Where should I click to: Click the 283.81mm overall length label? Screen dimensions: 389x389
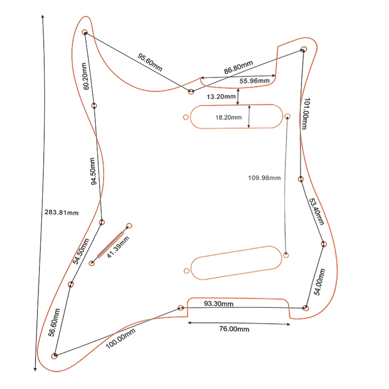(x=61, y=212)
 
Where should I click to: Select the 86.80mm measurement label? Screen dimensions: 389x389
(x=238, y=68)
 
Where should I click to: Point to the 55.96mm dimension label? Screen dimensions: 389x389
(x=254, y=80)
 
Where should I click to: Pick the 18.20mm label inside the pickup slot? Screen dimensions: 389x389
(x=228, y=117)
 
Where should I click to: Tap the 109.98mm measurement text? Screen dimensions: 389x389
(x=265, y=178)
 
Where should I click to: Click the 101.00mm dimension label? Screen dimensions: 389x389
(x=305, y=114)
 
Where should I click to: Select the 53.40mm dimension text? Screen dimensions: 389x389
(x=316, y=211)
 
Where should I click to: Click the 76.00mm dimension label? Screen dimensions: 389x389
(x=234, y=329)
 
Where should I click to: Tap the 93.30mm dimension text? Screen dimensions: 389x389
(x=218, y=304)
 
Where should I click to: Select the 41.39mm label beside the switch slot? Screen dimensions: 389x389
(x=119, y=248)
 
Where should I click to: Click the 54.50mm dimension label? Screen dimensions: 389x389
(x=81, y=251)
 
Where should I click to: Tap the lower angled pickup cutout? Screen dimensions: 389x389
(x=237, y=262)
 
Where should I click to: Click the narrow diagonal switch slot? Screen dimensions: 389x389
(x=111, y=245)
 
